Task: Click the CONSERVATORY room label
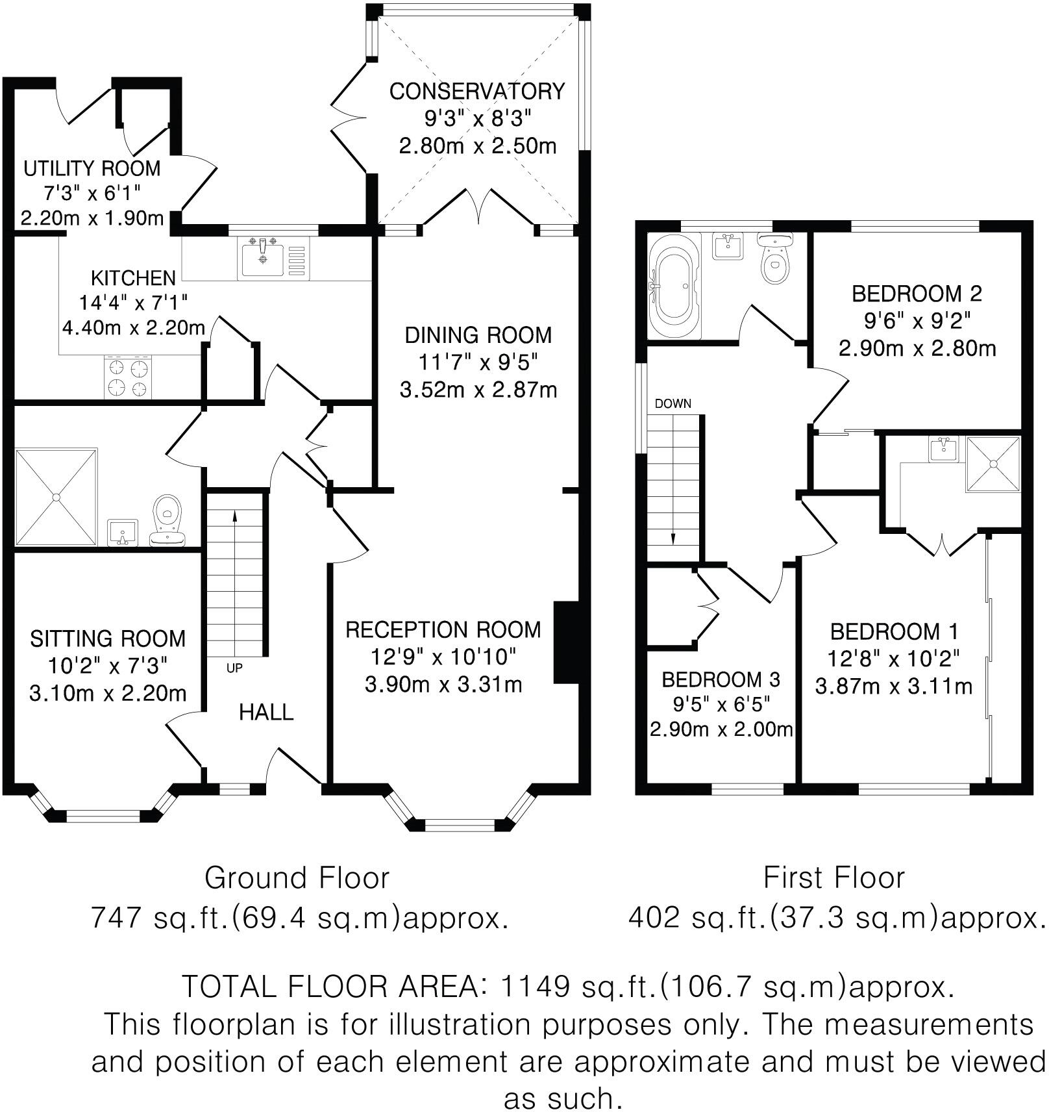click(x=477, y=92)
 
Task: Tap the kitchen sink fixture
click(x=263, y=259)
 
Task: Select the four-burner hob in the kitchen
click(x=128, y=378)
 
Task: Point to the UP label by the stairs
click(x=234, y=668)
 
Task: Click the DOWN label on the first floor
click(x=673, y=404)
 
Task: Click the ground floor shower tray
click(x=56, y=497)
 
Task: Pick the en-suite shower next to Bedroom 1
click(x=993, y=464)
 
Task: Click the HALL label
click(x=266, y=713)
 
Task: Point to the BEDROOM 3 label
click(x=721, y=680)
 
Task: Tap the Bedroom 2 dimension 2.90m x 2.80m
click(x=917, y=349)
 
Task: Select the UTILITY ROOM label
click(x=92, y=169)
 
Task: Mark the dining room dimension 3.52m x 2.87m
click(x=478, y=390)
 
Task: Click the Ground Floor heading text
click(x=297, y=878)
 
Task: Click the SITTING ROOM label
click(x=108, y=638)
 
